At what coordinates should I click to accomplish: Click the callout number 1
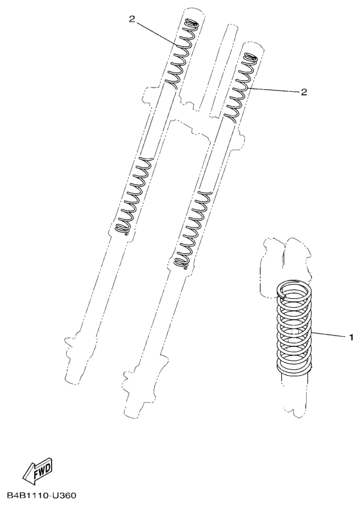tap(351, 337)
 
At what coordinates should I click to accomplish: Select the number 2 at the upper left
tap(132, 19)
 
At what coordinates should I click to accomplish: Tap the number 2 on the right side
tap(304, 92)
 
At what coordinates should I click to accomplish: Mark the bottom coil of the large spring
tap(295, 370)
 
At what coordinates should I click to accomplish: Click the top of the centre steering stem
tap(231, 25)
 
